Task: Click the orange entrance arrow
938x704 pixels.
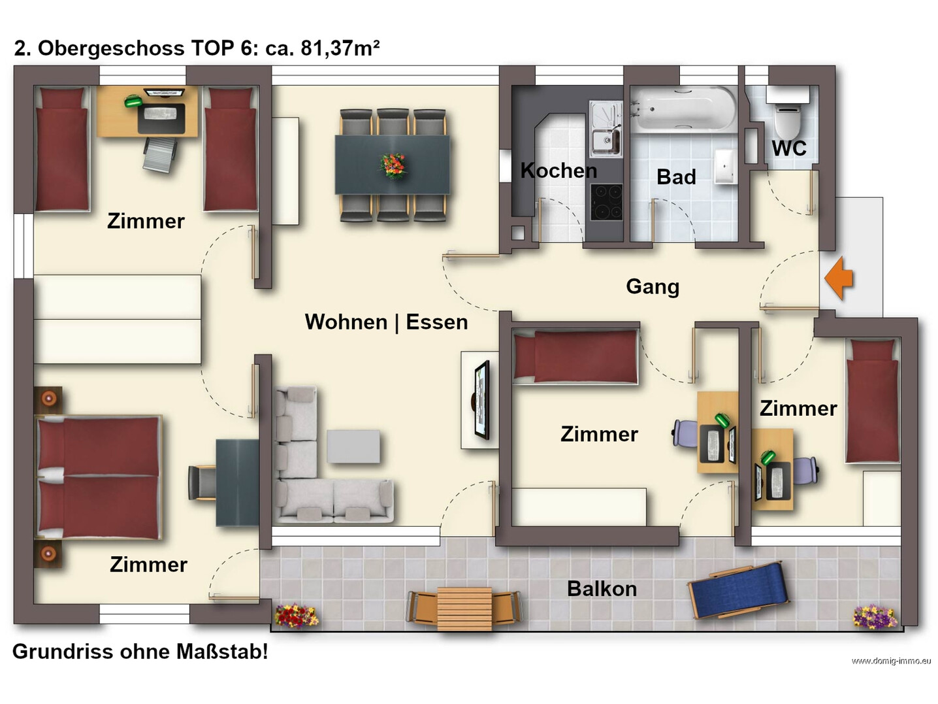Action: [x=839, y=278]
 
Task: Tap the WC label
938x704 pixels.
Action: [x=789, y=148]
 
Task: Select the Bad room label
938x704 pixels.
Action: [x=676, y=177]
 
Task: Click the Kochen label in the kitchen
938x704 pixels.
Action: [x=558, y=171]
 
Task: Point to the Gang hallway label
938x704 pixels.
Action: [x=653, y=286]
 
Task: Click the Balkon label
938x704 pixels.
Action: [x=602, y=588]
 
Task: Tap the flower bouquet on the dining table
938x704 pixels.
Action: [x=393, y=165]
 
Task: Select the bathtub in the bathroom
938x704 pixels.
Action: [x=684, y=109]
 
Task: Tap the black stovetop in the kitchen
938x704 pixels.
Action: [x=606, y=202]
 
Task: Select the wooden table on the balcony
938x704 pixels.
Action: [x=464, y=609]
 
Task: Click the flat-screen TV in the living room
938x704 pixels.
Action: [x=482, y=400]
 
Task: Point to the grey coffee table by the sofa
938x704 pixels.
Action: [x=353, y=446]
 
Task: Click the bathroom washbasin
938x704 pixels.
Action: [x=726, y=166]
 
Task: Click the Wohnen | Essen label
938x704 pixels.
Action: [x=386, y=322]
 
